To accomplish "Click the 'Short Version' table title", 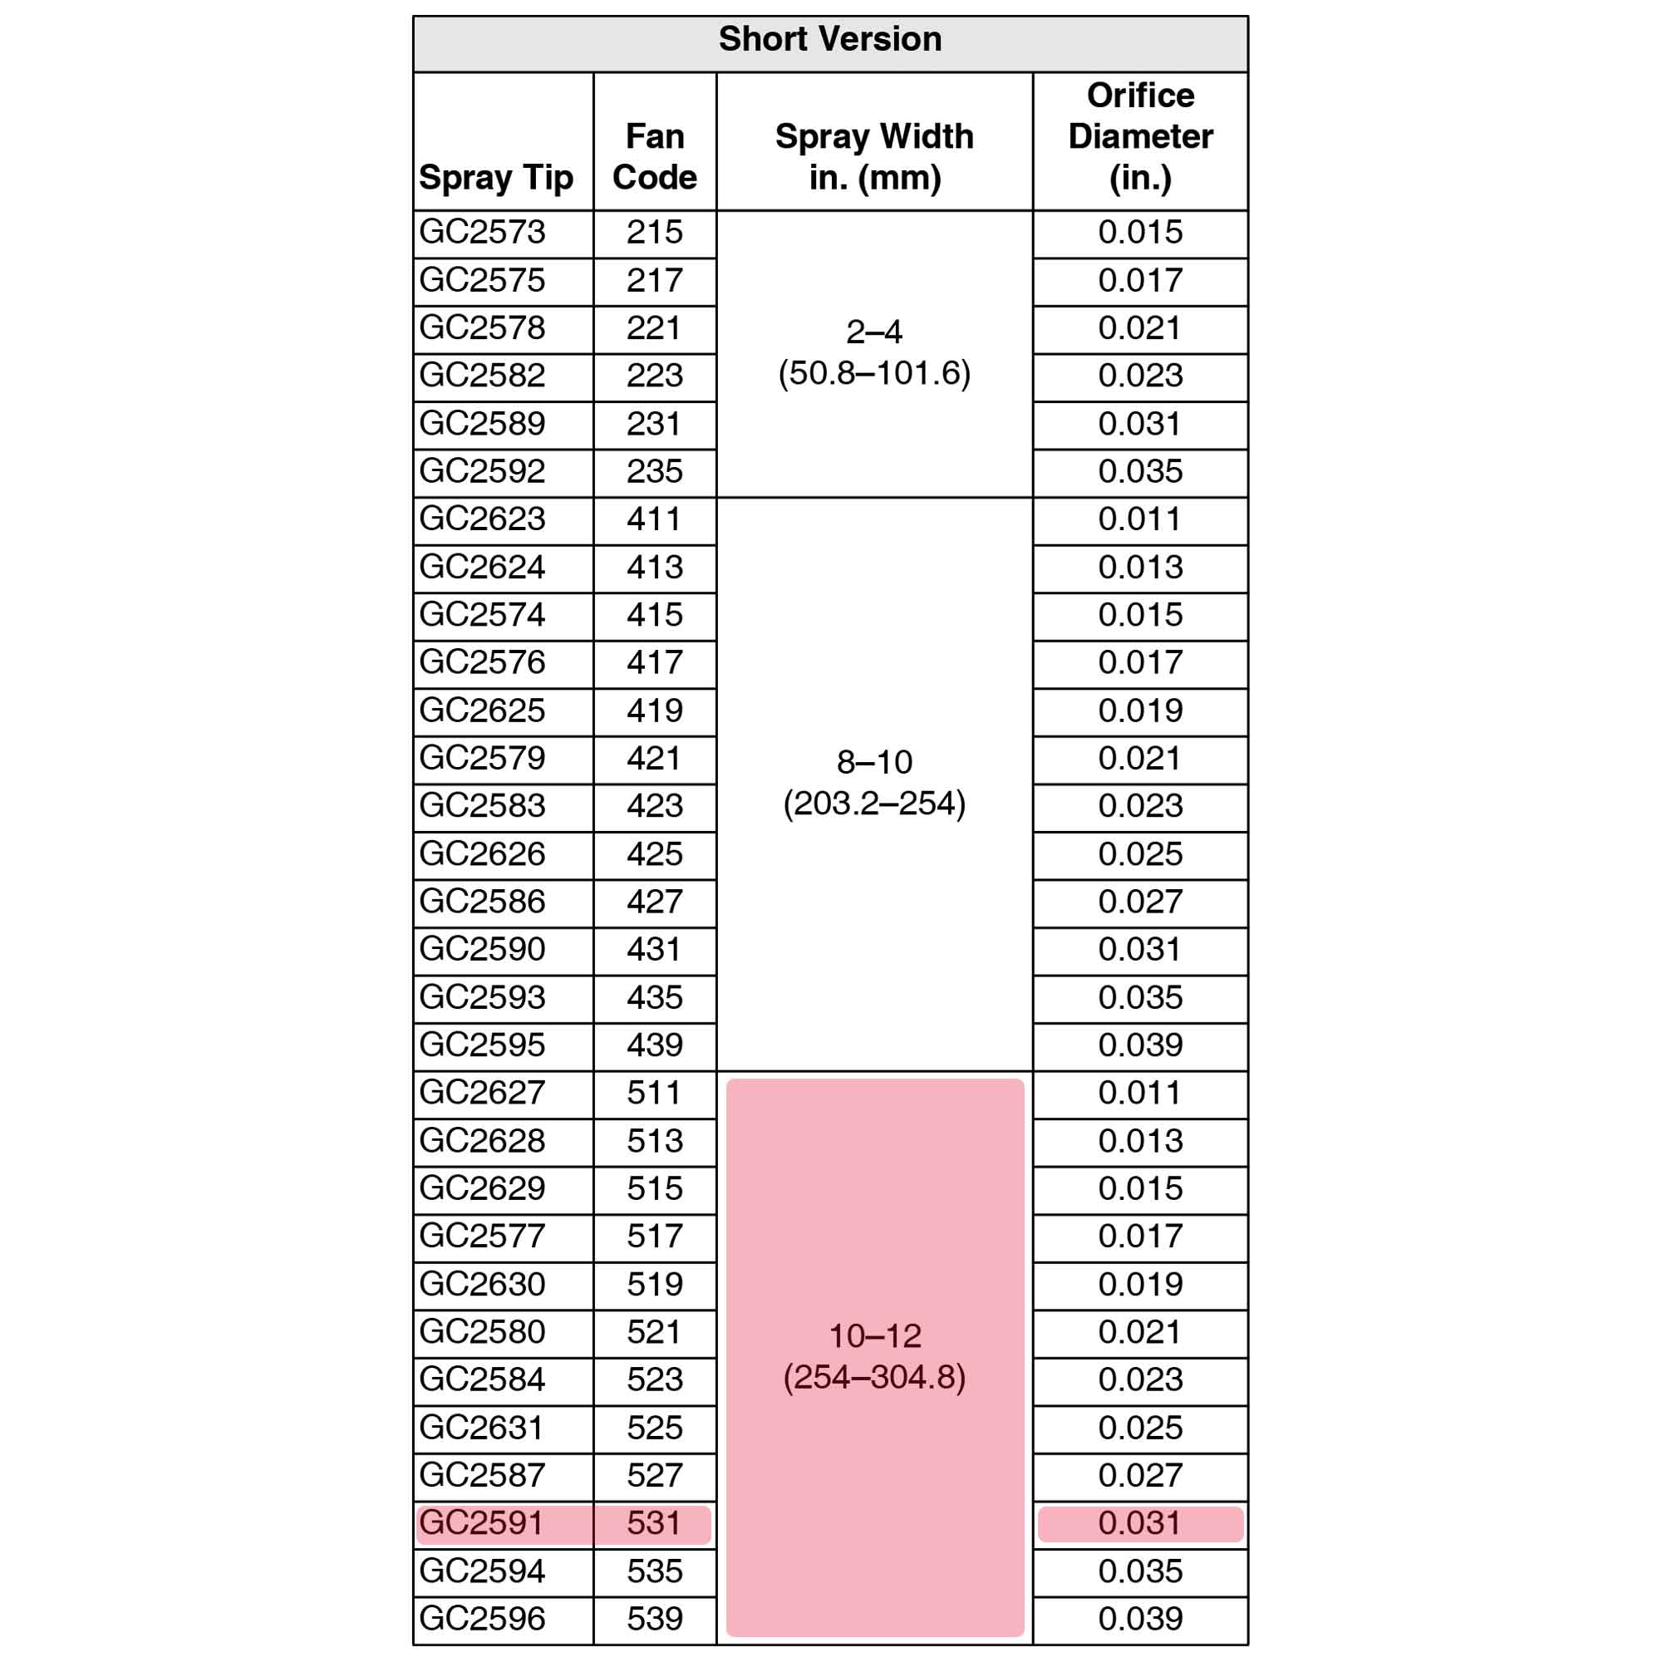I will pos(830,40).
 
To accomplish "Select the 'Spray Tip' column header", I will pos(495,178).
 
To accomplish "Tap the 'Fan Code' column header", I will pos(655,156).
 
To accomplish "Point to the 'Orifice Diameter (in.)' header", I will pos(1140,137).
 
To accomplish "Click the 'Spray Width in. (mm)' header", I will pos(874,156).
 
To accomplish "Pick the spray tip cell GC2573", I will pos(483,233).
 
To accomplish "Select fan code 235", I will pos(655,471).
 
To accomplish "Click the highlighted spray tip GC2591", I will pos(482,1522).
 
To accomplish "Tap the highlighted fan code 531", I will pos(655,1522).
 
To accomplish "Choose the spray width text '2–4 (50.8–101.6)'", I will pos(874,352).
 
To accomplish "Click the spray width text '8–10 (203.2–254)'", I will pos(874,783).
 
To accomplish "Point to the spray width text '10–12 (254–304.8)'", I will pos(874,1357).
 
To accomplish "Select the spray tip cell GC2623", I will pos(483,519).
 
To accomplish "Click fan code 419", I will pos(655,711).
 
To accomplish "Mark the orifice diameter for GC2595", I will pos(1140,1045).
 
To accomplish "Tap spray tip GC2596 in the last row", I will pos(483,1618).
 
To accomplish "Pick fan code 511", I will pos(655,1093).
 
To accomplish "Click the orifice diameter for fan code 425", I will pos(1140,853).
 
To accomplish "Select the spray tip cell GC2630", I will pos(483,1284).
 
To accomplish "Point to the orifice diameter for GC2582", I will pos(1140,376).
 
